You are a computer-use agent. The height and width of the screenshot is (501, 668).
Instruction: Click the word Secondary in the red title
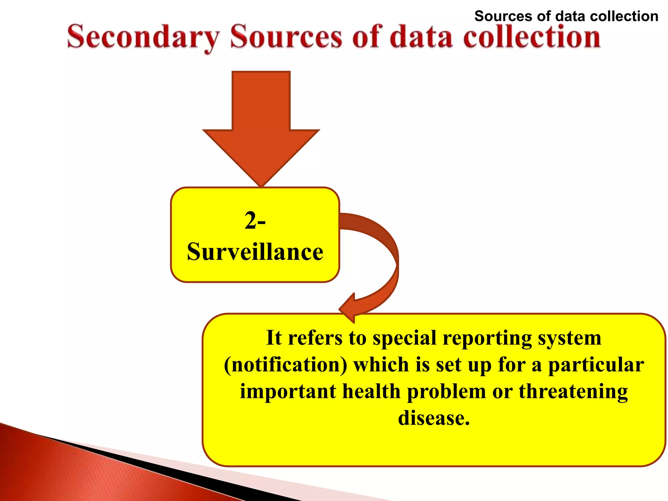pyautogui.click(x=143, y=37)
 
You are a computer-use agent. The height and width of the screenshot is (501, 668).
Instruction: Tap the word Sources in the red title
pyautogui.click(x=286, y=37)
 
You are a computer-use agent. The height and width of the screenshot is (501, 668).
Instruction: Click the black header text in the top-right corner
pyautogui.click(x=566, y=16)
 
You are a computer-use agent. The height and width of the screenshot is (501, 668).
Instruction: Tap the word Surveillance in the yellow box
pyautogui.click(x=255, y=252)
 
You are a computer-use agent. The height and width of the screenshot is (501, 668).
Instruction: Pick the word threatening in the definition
pyautogui.click(x=573, y=391)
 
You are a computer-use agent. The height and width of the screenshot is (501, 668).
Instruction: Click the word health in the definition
pyautogui.click(x=371, y=391)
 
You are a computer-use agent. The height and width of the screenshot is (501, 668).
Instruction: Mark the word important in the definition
pyautogui.click(x=288, y=391)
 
